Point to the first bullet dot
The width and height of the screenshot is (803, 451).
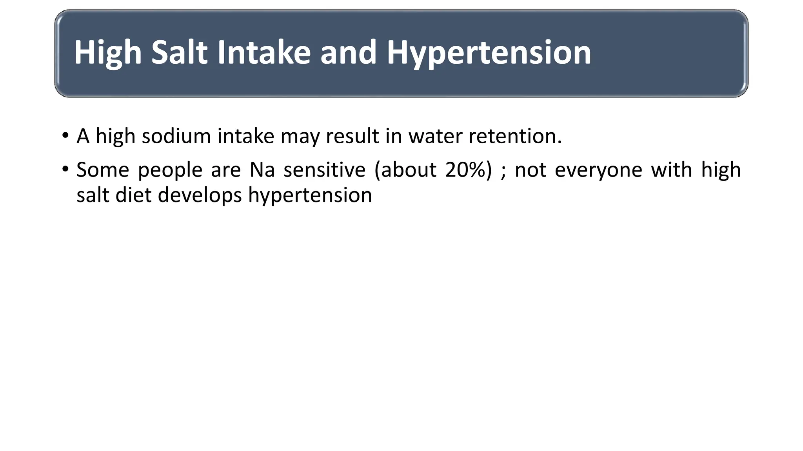click(65, 136)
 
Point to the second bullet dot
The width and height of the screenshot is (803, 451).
click(65, 170)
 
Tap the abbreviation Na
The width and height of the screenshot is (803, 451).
click(262, 170)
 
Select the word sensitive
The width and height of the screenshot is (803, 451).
click(325, 170)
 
